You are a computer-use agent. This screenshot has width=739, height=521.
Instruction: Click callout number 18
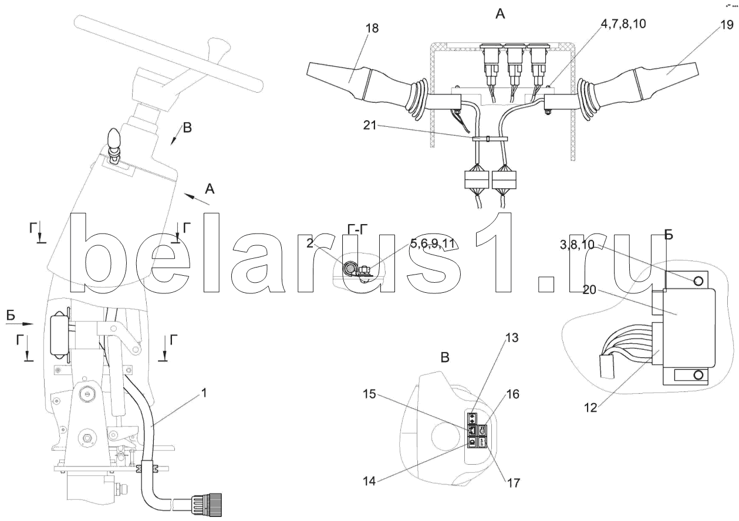click(372, 29)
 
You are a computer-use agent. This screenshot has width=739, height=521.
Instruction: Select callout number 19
click(726, 25)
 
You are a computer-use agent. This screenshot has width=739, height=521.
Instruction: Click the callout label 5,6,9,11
click(433, 243)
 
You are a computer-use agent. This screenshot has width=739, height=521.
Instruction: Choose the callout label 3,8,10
click(578, 246)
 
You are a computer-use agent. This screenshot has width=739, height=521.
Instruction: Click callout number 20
click(591, 287)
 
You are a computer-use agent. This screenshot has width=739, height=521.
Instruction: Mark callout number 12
click(592, 407)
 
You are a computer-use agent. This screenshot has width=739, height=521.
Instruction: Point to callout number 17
click(512, 484)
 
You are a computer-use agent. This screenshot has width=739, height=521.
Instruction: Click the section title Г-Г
click(359, 231)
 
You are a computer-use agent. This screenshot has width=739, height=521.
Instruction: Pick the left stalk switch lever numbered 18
click(335, 78)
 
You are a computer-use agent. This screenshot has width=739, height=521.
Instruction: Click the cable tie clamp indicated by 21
click(488, 138)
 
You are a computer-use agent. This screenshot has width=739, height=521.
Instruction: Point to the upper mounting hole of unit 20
click(698, 281)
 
